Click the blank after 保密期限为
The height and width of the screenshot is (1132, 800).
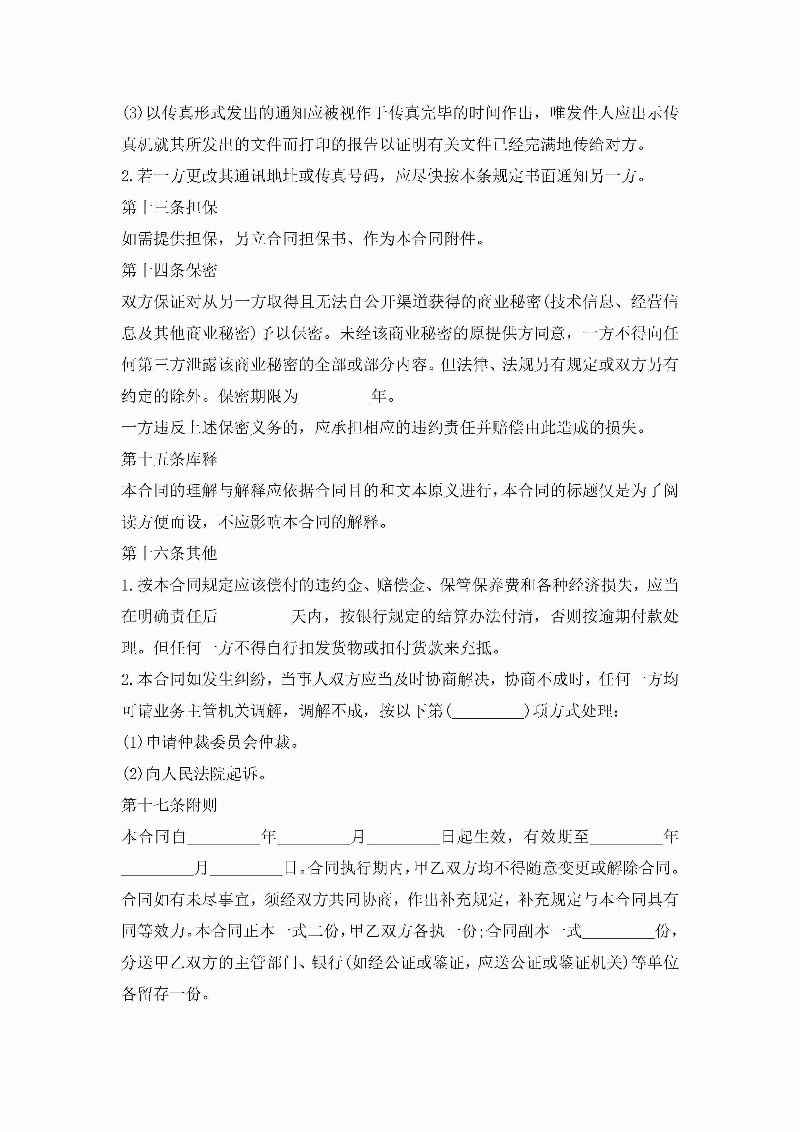pos(335,396)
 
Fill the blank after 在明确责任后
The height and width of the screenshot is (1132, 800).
pos(254,616)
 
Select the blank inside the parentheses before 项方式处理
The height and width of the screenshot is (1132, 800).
pos(488,711)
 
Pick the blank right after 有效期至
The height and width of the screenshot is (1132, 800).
pos(626,837)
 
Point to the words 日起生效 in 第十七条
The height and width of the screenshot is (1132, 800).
pos(473,837)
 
